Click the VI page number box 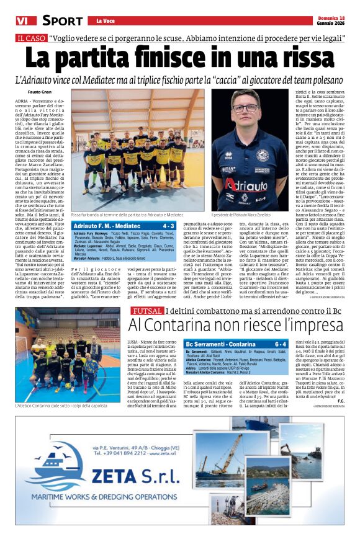tap(22, 20)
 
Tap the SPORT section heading tap(59, 20)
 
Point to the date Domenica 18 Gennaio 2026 tap(330, 20)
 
